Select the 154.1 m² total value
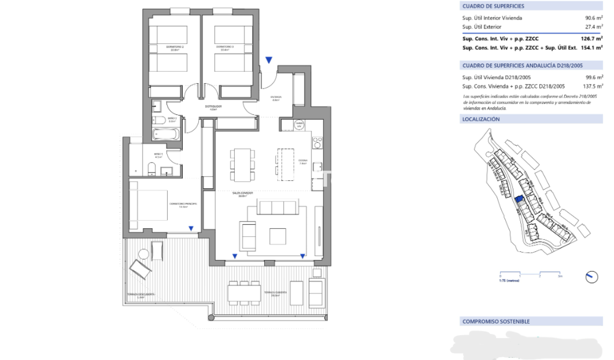591,48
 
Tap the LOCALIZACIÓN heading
481,119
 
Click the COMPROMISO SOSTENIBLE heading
496,321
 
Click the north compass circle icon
592,277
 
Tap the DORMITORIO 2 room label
175,48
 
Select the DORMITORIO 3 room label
224,48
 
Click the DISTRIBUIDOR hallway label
213,107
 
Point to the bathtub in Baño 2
166,134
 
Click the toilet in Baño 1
151,168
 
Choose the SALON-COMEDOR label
242,194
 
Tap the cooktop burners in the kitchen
317,142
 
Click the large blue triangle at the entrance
269,60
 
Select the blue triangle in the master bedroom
191,228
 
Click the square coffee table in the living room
277,236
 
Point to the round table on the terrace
144,254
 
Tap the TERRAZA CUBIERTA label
275,294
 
